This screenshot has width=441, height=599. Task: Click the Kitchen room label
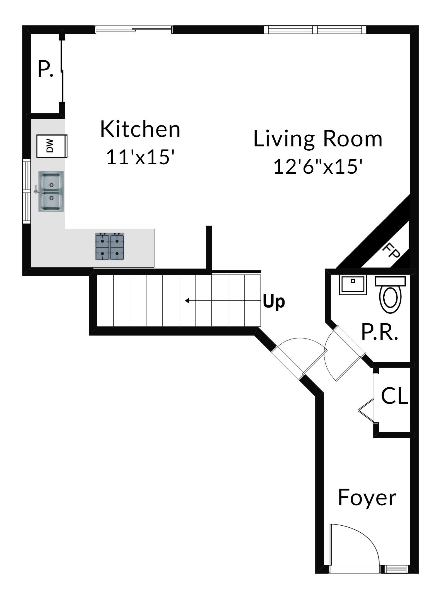pos(140,129)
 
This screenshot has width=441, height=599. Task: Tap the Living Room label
pos(318,139)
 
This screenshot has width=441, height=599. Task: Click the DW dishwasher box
pos(52,146)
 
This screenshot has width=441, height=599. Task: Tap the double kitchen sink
pos(51,191)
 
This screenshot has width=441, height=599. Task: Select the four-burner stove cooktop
pos(110,247)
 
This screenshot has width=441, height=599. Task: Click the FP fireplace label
pos(391,250)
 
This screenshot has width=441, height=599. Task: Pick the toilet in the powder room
pos(391,294)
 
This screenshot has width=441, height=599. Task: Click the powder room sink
pos(353,285)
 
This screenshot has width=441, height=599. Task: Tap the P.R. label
pos(379,332)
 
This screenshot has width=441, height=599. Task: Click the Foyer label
pos(367,497)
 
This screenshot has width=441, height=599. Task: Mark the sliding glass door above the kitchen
pos(134,30)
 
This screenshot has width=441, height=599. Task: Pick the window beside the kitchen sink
pos(26,191)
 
